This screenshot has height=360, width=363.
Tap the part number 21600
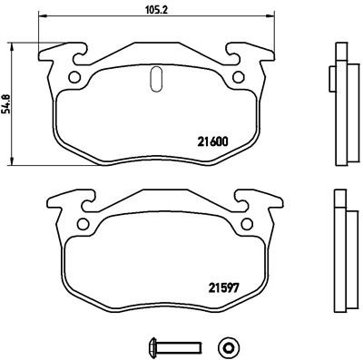pyautogui.click(x=213, y=141)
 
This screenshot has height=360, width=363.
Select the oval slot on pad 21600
pyautogui.click(x=154, y=80)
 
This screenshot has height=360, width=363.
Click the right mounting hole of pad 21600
pyautogui.click(x=238, y=77)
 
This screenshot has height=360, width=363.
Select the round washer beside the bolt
pyautogui.click(x=227, y=345)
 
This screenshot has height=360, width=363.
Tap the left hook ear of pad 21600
pyautogui.click(x=56, y=54)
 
